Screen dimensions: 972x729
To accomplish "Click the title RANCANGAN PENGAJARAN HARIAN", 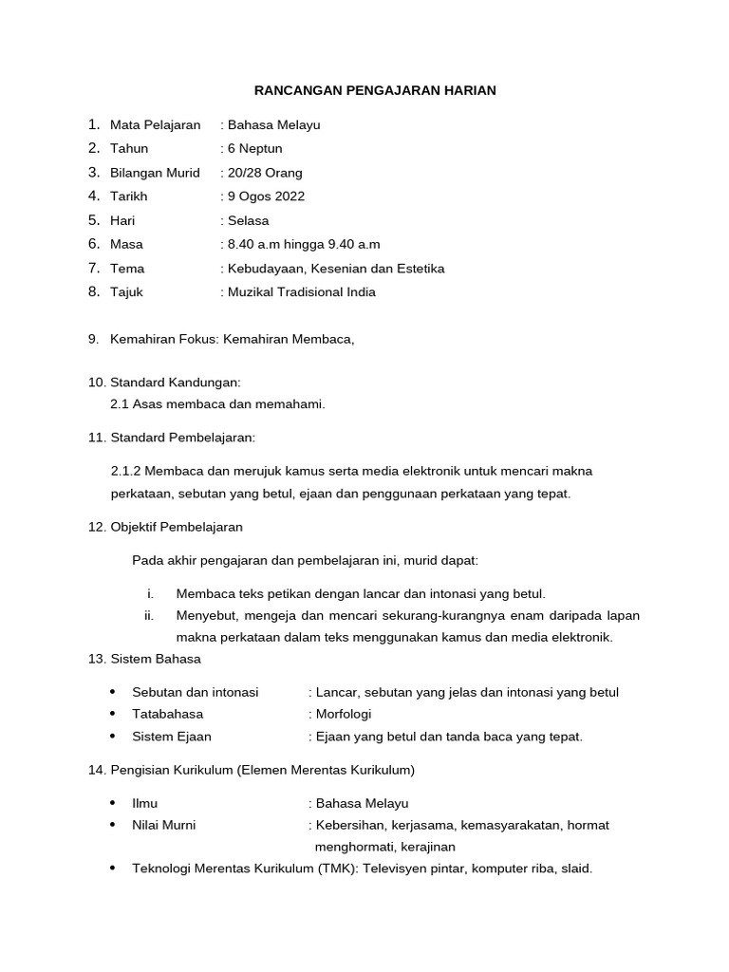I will coord(375,90).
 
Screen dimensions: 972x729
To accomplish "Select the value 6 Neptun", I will coord(255,148).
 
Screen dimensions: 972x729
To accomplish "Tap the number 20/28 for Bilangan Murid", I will coord(246,172).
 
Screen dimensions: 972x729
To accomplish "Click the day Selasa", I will coord(249,220).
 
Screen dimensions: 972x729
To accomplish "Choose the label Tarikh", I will coord(129,196).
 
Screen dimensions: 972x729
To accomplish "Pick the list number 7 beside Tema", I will coord(94,268).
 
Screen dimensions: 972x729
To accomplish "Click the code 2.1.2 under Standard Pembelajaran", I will coord(126,471).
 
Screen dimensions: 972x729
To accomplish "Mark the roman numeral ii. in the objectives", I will coord(149,615).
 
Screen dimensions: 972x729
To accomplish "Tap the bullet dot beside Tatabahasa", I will coord(113,714).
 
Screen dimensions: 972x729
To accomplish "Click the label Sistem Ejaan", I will coord(172,737).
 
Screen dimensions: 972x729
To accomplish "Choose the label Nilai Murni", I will coord(164,825).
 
